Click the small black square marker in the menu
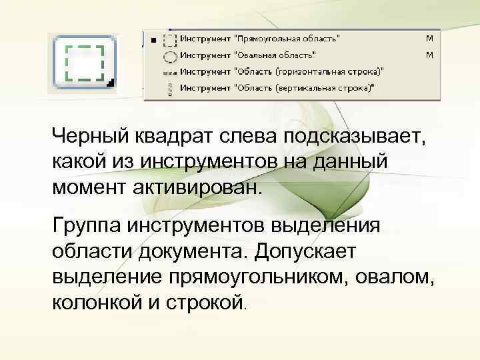[154, 40]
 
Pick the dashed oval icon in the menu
[171, 55]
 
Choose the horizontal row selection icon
[171, 71]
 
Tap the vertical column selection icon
[171, 87]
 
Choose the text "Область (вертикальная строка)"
[304, 87]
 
